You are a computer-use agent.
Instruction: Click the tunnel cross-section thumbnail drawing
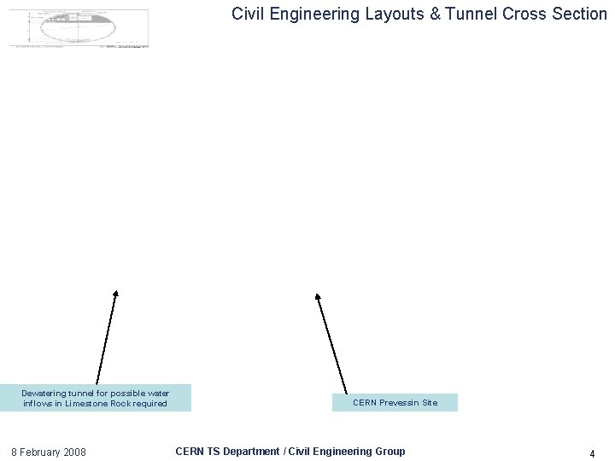(x=79, y=27)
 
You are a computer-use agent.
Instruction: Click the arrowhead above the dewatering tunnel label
(x=115, y=294)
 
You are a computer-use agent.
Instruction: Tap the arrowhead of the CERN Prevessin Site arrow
(x=318, y=297)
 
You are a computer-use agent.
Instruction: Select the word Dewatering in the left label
(x=44, y=394)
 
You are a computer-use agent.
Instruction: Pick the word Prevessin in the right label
(x=398, y=403)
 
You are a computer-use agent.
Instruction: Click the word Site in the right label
(x=430, y=403)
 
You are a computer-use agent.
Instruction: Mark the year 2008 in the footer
(x=74, y=452)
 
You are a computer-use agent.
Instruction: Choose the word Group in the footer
(x=389, y=451)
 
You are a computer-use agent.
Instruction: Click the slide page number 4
(x=592, y=454)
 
